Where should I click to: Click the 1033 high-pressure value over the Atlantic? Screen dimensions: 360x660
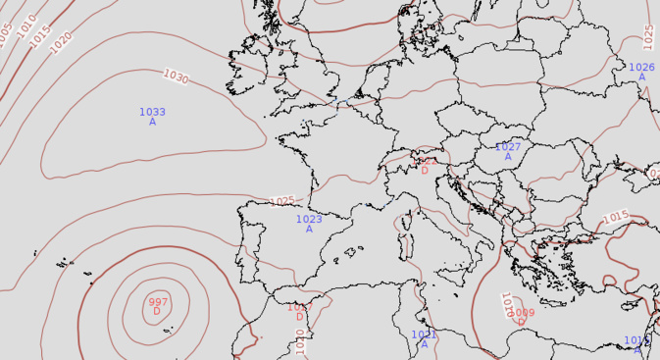click(x=152, y=112)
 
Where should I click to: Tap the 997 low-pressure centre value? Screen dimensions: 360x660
click(x=158, y=301)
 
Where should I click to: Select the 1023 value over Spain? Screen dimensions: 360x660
click(x=309, y=220)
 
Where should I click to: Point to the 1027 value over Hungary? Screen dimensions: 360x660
click(x=508, y=147)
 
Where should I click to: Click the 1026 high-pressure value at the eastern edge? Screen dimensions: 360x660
click(x=641, y=67)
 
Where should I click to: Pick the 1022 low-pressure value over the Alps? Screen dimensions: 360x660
click(x=425, y=161)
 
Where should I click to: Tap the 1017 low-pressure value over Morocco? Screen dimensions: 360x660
click(x=300, y=307)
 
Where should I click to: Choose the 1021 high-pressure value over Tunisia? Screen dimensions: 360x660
click(x=424, y=334)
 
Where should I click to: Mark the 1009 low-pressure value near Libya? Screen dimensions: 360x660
click(x=522, y=313)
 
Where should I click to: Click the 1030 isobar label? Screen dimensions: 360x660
click(x=177, y=77)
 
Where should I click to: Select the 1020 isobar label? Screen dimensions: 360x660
click(x=61, y=42)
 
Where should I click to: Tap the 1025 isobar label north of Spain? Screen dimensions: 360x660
click(x=282, y=201)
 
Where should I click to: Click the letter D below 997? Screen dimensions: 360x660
click(x=157, y=312)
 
